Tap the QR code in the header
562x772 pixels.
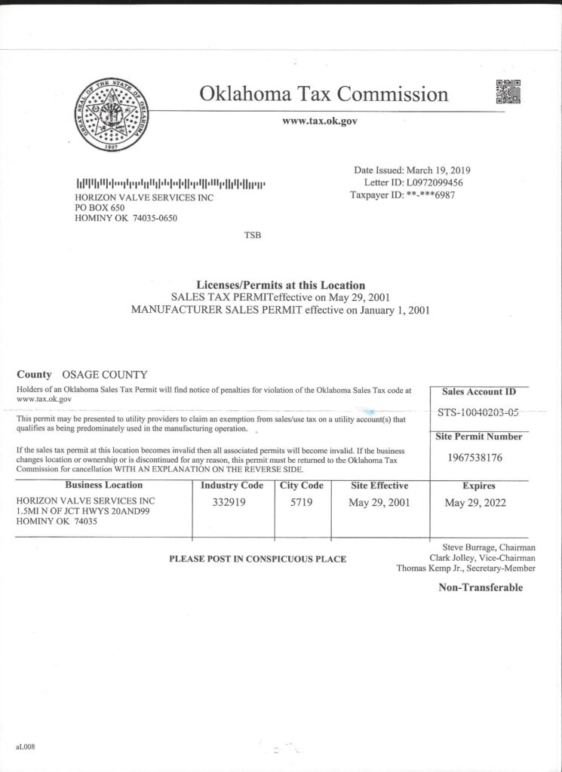pyautogui.click(x=508, y=91)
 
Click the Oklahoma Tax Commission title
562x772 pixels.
pyautogui.click(x=324, y=94)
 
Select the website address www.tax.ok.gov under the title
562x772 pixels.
pyautogui.click(x=319, y=121)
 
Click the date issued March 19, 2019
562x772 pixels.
pyautogui.click(x=438, y=170)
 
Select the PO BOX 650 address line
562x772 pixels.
pyautogui.click(x=100, y=208)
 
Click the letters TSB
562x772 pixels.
pyautogui.click(x=252, y=235)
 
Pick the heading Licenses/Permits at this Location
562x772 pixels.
pyautogui.click(x=281, y=286)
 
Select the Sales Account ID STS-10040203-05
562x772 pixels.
pyautogui.click(x=478, y=412)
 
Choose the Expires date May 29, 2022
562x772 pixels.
pyautogui.click(x=475, y=503)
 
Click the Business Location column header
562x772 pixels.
pyautogui.click(x=103, y=486)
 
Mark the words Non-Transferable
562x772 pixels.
pyautogui.click(x=481, y=588)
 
